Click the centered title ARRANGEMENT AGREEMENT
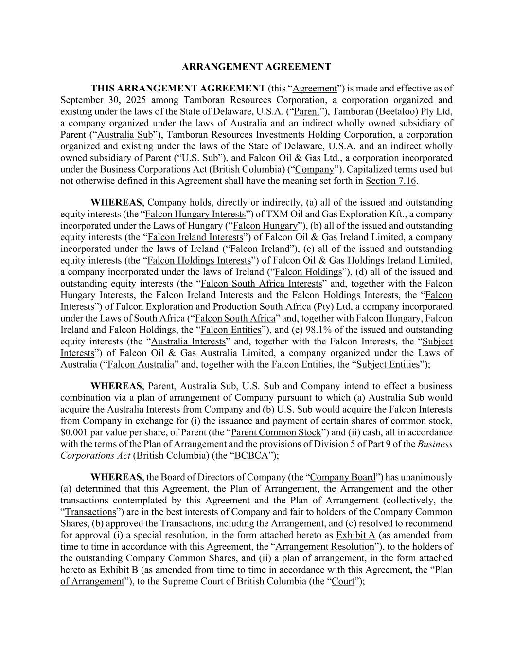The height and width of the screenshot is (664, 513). point(256,67)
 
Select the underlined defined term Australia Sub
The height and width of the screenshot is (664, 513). point(125,135)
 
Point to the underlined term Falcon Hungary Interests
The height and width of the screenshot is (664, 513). point(195,214)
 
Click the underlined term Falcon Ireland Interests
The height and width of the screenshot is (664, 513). point(195,237)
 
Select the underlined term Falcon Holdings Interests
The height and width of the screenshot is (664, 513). point(199,260)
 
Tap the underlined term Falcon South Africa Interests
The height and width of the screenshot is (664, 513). point(261,284)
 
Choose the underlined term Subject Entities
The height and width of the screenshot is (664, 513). point(388,364)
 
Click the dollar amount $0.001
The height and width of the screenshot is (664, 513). point(72,432)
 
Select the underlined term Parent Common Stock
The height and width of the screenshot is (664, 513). point(276,432)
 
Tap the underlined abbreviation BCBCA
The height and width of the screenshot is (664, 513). point(251,456)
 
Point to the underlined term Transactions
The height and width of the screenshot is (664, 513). point(90,512)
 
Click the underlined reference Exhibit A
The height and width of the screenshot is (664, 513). point(355,535)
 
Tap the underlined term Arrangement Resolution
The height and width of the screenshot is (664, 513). point(324,546)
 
